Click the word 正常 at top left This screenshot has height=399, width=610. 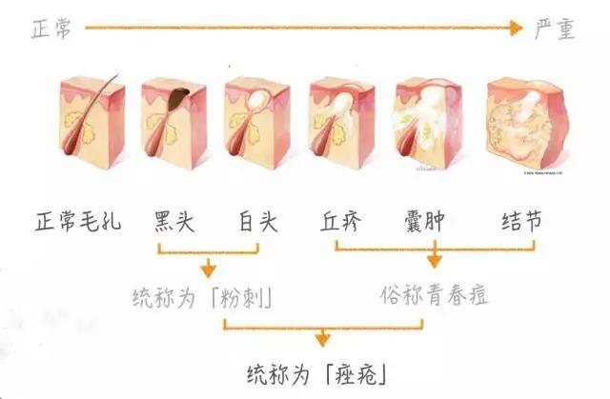(x=49, y=30)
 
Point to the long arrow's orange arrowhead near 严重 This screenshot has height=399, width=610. (x=516, y=29)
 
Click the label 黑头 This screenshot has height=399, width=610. (x=174, y=223)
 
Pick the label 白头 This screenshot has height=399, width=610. (x=256, y=223)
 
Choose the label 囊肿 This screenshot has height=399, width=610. (x=425, y=223)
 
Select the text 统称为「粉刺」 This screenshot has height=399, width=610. (x=204, y=297)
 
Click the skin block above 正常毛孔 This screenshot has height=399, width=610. (x=91, y=124)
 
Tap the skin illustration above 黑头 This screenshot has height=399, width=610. (x=173, y=124)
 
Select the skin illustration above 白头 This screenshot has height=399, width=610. (x=256, y=124)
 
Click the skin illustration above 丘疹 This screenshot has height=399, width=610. (x=342, y=124)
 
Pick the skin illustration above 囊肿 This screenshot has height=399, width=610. (x=429, y=124)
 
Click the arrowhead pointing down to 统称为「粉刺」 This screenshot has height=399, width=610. (x=207, y=270)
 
